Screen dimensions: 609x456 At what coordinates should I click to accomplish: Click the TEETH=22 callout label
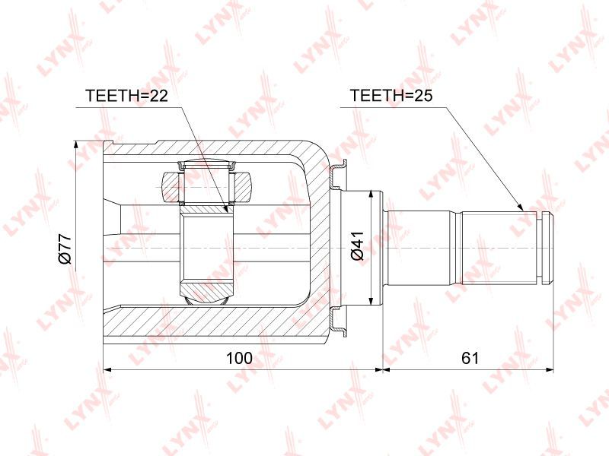(x=126, y=96)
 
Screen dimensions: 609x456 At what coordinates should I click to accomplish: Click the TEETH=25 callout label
(x=391, y=96)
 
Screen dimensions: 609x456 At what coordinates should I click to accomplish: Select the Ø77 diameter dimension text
(x=65, y=249)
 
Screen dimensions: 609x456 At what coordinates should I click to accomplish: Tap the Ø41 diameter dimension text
(x=357, y=245)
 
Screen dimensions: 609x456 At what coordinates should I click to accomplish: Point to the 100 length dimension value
(x=239, y=358)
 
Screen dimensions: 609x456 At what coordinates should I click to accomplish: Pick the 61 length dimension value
(x=470, y=358)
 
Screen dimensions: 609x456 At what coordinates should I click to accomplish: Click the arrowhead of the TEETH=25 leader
(x=521, y=207)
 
